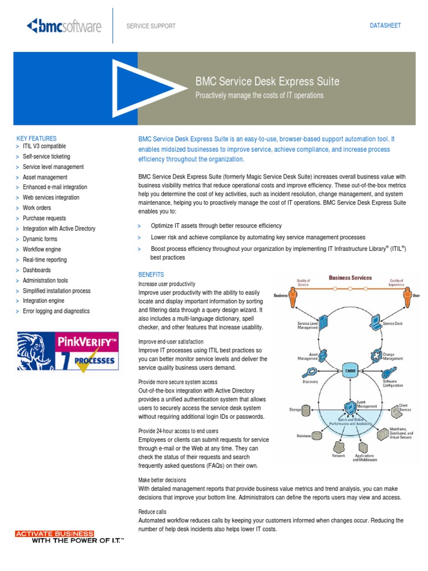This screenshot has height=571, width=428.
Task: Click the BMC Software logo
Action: (64, 26)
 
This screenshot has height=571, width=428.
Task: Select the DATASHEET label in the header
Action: (386, 26)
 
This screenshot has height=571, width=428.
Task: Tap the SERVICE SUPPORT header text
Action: (151, 26)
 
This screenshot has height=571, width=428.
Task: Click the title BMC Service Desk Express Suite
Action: (267, 81)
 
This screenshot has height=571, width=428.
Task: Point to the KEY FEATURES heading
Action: (36, 138)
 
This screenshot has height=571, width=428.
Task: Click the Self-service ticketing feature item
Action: (46, 157)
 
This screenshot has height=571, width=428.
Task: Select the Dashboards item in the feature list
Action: (37, 270)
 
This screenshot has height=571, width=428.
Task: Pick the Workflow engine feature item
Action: (42, 249)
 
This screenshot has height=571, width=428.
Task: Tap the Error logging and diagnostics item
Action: (56, 311)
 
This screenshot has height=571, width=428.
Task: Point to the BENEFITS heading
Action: (151, 275)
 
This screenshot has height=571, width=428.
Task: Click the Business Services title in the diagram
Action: (350, 277)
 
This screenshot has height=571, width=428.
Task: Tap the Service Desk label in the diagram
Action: (392, 323)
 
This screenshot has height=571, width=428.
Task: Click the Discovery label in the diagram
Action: (310, 382)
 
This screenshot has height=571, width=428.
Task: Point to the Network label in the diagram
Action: (338, 456)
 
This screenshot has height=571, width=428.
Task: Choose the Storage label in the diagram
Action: (295, 410)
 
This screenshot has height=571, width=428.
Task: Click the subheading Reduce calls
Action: (152, 511)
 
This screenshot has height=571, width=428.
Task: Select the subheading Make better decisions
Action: (162, 480)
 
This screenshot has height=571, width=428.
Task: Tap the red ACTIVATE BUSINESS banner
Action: (54, 534)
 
